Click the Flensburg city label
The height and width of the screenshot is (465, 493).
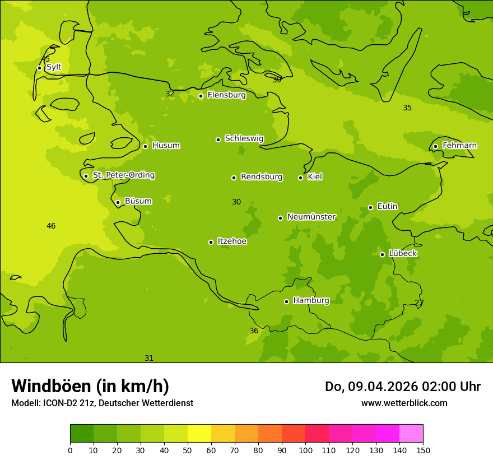coord(226,95)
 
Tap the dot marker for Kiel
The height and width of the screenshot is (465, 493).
coord(300,178)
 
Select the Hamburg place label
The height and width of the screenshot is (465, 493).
coord(311,301)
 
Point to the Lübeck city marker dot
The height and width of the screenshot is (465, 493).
coord(382,254)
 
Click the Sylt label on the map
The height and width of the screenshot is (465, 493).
coord(54,67)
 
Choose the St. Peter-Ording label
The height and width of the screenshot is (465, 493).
coord(123,175)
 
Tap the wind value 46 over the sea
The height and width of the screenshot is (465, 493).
coord(51,226)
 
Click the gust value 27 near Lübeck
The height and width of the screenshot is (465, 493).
coord(419,303)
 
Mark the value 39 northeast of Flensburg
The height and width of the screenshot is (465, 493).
coord(277,80)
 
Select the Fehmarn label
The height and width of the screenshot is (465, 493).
coord(459,146)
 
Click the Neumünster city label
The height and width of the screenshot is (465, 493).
coord(311,217)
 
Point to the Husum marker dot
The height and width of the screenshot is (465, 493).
coord(145,146)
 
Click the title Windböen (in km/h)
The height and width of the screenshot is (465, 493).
coord(90,386)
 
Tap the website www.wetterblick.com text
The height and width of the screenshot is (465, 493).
coord(404,403)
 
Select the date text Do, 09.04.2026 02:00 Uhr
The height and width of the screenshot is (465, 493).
coord(402,387)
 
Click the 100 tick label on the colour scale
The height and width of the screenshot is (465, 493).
coord(305,450)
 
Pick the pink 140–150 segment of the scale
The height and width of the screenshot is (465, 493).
coord(411,434)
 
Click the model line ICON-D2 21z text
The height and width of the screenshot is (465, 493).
coord(102,403)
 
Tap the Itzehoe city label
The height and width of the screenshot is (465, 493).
coord(232,241)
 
